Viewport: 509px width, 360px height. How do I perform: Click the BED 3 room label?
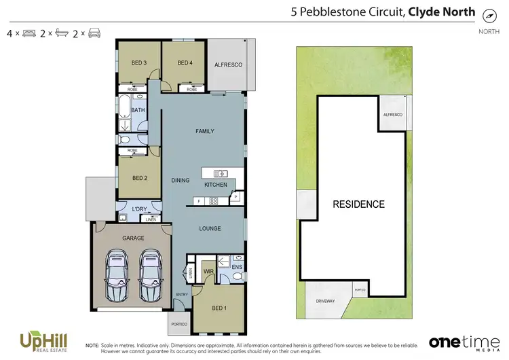pos(139,63)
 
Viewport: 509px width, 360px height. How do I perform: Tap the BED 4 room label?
pos(185,63)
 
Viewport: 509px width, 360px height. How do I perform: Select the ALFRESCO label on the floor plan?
pos(228,65)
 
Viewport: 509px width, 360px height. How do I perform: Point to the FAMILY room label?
pos(205,131)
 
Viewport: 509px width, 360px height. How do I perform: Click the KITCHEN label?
pos(216,185)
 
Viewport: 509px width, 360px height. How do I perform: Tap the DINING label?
pos(181,180)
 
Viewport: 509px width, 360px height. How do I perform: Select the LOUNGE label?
pos(210,228)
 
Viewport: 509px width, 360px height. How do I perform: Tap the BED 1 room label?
pos(219,308)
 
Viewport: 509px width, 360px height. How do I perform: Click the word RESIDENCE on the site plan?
pos(358,204)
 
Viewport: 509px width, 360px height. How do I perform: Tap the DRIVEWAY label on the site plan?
pos(326,300)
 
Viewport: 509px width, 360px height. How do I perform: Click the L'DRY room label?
pos(140,208)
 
